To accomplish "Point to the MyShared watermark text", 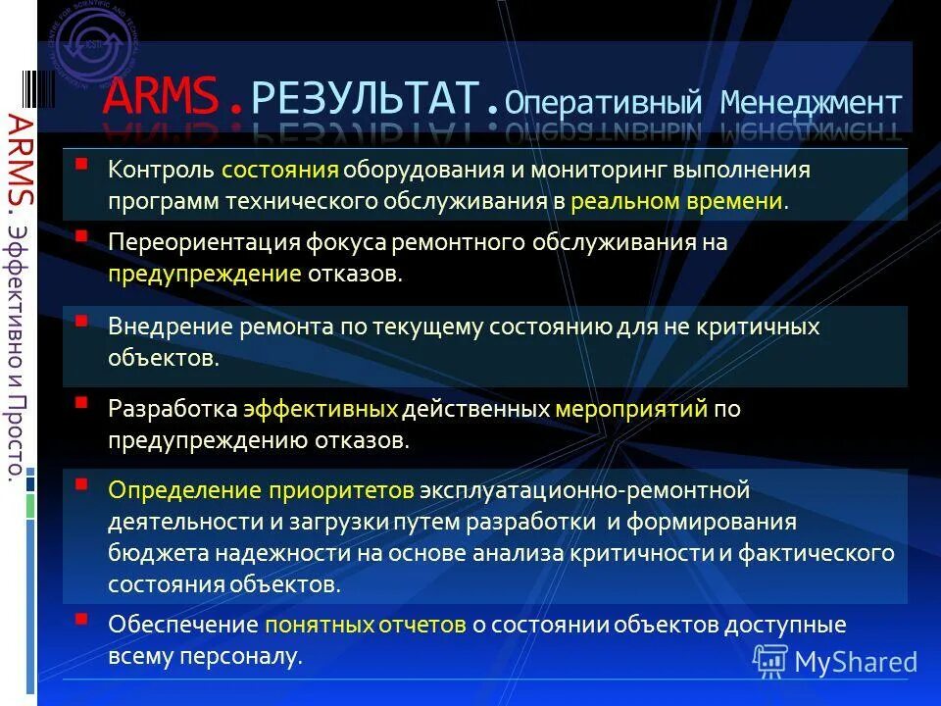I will (855, 662).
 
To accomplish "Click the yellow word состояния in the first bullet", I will (279, 170).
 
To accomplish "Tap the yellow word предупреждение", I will (205, 274).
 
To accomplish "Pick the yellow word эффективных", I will (321, 409).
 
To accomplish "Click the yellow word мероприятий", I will (631, 409).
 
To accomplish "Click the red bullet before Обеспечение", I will (82, 618).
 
